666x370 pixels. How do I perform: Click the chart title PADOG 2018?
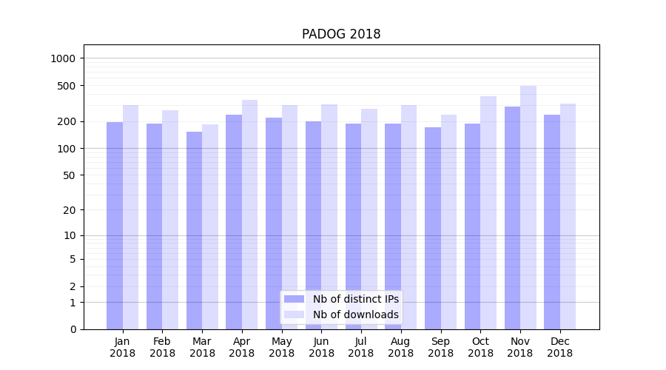(341, 34)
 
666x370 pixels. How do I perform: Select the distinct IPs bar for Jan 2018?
(115, 226)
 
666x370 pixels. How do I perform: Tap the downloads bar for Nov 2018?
(528, 207)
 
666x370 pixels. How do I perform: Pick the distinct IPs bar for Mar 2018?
(194, 230)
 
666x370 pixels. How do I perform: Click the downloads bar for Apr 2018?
(250, 215)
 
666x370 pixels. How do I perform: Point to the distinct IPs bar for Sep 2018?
(433, 228)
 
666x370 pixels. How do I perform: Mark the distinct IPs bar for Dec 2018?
(552, 222)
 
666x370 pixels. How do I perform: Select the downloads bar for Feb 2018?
(170, 220)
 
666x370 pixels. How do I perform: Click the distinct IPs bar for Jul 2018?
(353, 226)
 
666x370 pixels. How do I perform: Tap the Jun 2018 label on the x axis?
(321, 347)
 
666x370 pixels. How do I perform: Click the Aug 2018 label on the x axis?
(400, 347)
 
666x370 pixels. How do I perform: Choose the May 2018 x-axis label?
(281, 347)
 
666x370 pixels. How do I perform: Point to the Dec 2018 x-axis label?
(559, 347)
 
